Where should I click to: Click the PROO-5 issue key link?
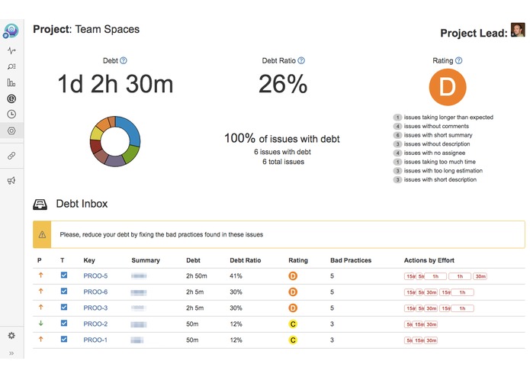click(x=95, y=275)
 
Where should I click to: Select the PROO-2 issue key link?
click(x=95, y=324)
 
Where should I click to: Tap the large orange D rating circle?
click(x=447, y=88)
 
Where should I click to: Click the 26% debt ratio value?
click(x=282, y=85)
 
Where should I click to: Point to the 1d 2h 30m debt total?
click(x=115, y=85)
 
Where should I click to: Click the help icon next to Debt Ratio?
click(x=301, y=60)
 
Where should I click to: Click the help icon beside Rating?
click(x=458, y=60)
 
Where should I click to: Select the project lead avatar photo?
click(x=518, y=31)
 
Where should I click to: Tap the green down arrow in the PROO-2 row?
click(x=40, y=324)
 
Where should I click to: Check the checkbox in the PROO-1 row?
click(x=64, y=340)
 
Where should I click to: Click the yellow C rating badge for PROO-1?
click(x=293, y=340)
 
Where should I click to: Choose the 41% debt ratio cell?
click(x=236, y=275)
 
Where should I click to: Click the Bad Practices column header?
click(x=350, y=260)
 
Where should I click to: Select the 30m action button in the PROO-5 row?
click(x=480, y=276)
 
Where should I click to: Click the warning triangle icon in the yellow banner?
click(x=43, y=234)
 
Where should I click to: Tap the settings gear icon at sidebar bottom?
click(x=11, y=335)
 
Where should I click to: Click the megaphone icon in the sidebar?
click(x=11, y=181)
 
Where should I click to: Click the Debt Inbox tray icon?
click(x=40, y=205)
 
